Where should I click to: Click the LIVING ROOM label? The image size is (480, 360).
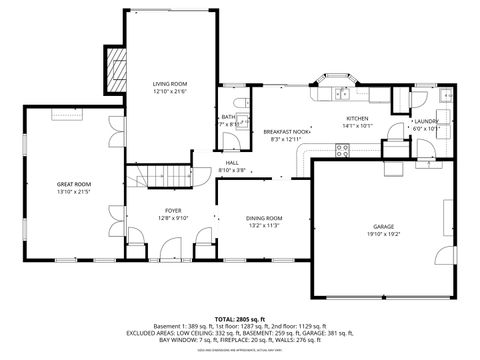[x=169, y=83]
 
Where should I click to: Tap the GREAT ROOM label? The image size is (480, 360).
[x=73, y=184]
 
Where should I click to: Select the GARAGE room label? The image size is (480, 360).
[x=384, y=227]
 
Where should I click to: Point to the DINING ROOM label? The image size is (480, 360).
[x=265, y=217]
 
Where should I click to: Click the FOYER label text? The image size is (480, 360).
[x=173, y=210]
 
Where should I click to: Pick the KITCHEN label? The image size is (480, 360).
[x=357, y=118]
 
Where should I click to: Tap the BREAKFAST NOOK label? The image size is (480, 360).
[x=286, y=131]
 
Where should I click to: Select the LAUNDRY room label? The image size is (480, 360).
[x=427, y=120]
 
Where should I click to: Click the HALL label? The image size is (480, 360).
[x=232, y=162]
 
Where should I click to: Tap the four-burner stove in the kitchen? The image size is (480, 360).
[x=342, y=151]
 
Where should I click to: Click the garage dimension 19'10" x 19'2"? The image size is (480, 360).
[x=384, y=235]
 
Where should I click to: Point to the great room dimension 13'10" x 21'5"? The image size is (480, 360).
[x=73, y=192]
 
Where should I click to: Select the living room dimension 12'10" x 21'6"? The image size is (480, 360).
[x=169, y=91]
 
